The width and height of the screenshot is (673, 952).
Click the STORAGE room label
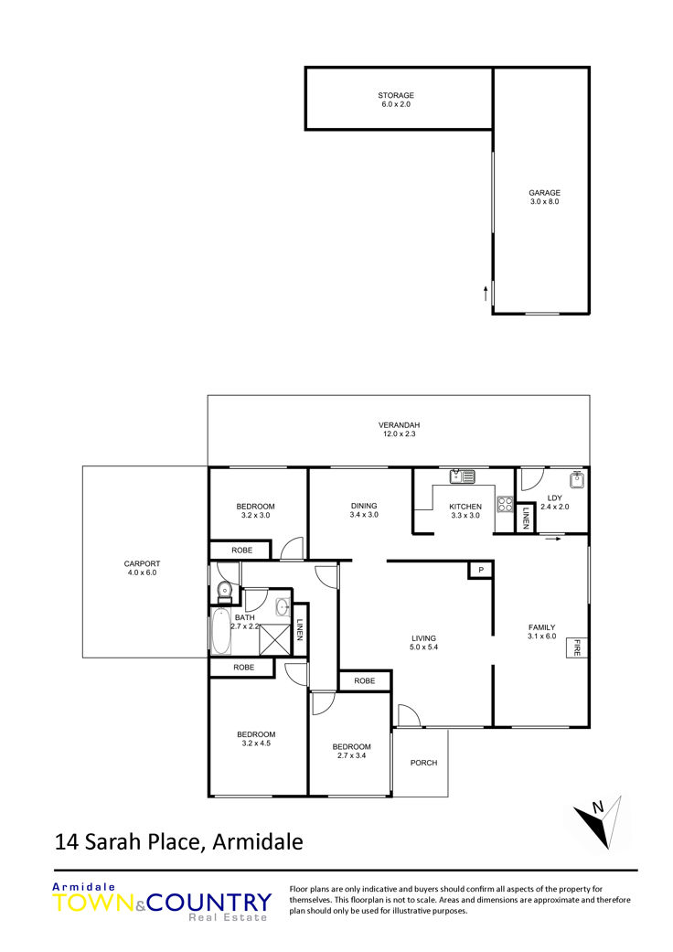(396, 95)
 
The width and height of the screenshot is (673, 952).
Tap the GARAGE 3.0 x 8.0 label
(544, 198)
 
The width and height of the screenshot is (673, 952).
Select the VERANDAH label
(400, 425)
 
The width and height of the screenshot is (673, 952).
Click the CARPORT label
(142, 563)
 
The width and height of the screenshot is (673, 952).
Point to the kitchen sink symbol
(463, 476)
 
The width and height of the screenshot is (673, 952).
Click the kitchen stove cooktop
(505, 504)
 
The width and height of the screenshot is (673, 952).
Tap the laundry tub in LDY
(577, 479)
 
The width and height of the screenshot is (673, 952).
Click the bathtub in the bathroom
(221, 631)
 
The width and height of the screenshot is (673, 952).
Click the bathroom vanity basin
(283, 606)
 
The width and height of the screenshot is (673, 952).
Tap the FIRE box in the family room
(576, 647)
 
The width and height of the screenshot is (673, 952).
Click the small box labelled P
(481, 570)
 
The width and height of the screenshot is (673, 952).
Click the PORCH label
(423, 763)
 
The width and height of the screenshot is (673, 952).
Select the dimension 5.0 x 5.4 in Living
(423, 647)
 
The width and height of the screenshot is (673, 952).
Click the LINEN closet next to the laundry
(525, 516)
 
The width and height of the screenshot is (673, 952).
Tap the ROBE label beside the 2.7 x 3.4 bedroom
(364, 681)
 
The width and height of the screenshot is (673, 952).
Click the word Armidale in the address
(257, 842)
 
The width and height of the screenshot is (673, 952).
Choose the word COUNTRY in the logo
(209, 903)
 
